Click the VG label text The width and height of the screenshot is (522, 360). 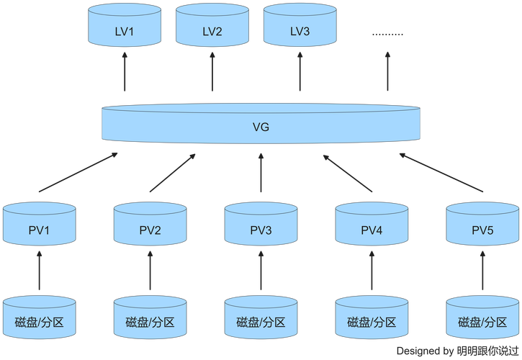260,127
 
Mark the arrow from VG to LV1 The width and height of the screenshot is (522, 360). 124,72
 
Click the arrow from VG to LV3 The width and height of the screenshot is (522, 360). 300,72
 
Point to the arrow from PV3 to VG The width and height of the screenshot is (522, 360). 261,174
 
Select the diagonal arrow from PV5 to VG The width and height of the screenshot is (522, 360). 441,173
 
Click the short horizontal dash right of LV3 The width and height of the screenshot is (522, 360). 387,35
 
